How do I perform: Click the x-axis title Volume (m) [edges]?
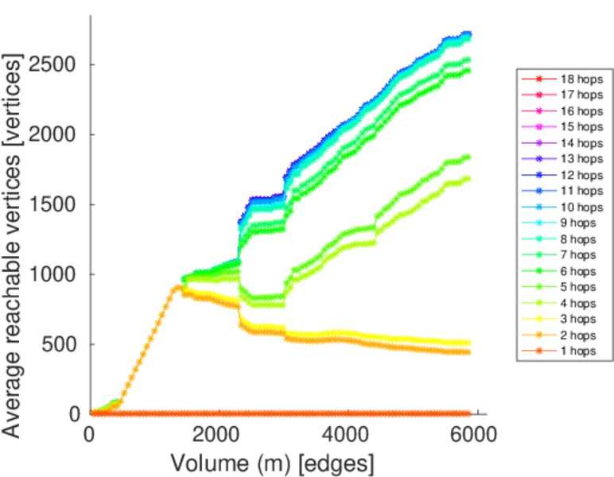[x=271, y=461]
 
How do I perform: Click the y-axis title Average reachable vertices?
[x=14, y=246]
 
